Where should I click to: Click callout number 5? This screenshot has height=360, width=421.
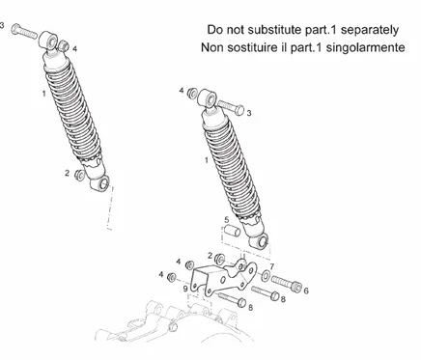227,220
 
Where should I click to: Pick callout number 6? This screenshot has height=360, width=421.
306,291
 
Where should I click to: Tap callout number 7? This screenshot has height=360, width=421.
271,266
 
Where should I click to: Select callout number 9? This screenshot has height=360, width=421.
185,289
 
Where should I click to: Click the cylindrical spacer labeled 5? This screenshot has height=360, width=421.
232,231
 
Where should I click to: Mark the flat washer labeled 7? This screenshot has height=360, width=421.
266,275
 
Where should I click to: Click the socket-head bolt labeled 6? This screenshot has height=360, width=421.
286,283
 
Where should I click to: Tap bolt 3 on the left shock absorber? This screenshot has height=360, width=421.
24,32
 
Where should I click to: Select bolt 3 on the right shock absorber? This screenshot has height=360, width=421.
231,107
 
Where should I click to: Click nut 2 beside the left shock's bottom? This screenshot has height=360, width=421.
79,176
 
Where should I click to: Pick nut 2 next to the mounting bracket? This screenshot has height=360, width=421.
220,259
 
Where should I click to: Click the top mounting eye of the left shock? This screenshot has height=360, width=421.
49,41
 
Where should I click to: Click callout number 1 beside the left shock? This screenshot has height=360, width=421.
43,94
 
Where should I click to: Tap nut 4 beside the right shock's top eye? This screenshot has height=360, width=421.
192,93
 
